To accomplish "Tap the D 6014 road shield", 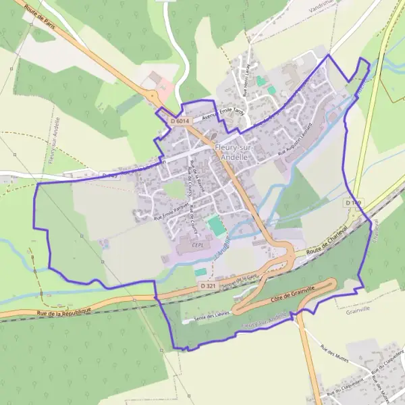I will (182, 121).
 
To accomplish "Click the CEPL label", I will (199, 245).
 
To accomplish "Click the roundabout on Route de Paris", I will (156, 97).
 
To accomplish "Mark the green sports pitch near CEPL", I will (216, 225).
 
